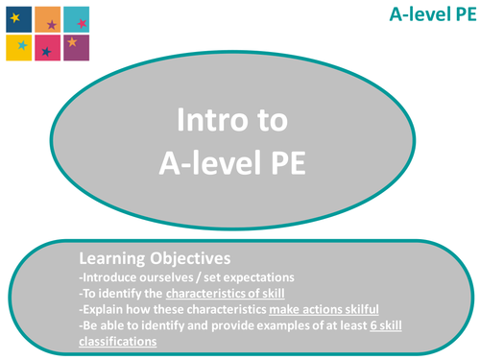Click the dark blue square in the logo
[17, 18]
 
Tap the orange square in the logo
[47, 18]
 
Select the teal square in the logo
[78, 18]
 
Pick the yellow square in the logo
[17, 47]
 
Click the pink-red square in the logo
[47, 47]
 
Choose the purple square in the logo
[78, 47]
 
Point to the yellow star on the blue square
[13, 14]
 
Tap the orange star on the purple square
[73, 43]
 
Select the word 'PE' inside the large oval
[285, 162]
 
